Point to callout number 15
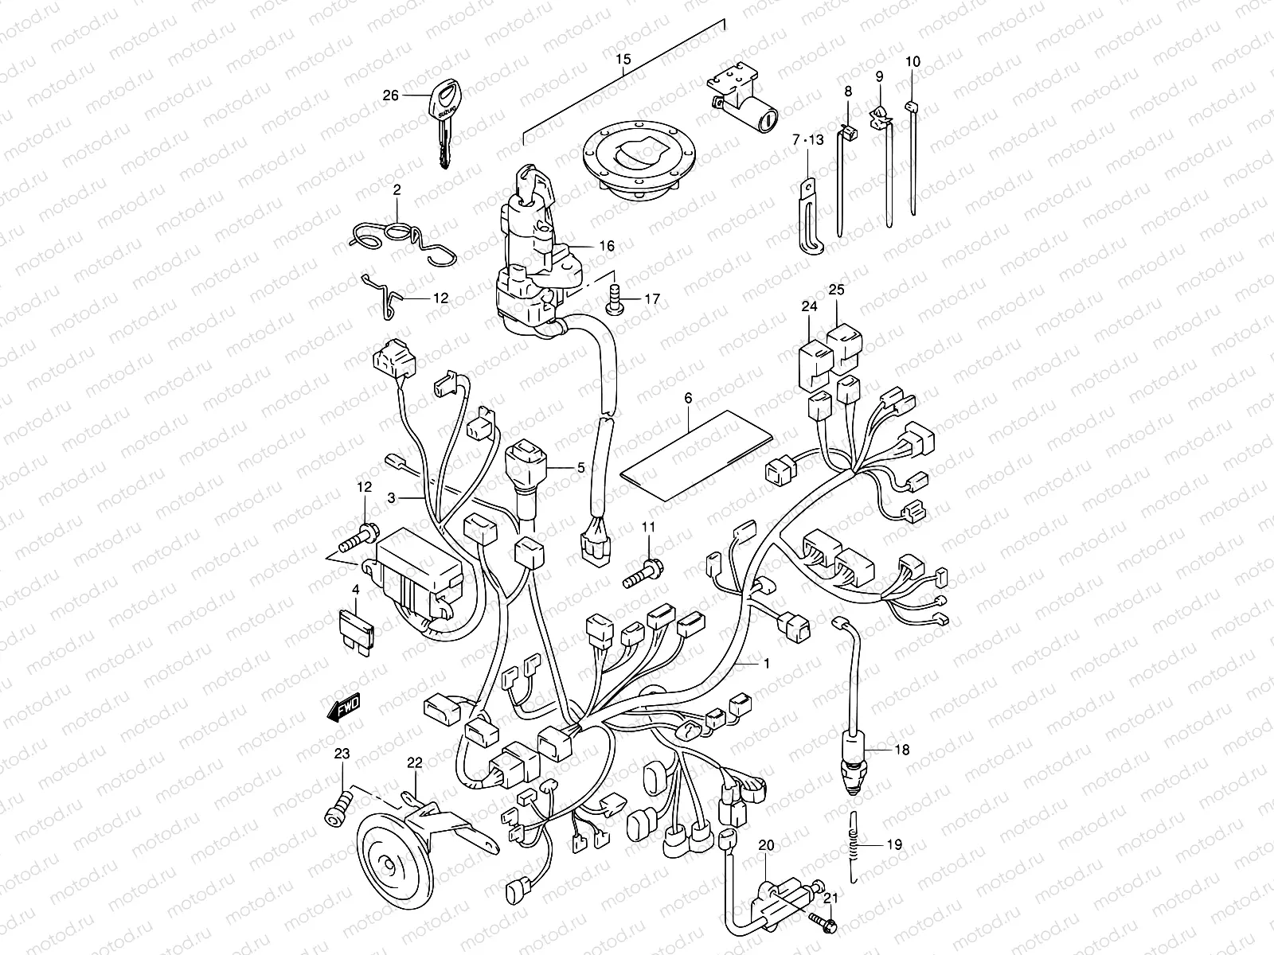(623, 60)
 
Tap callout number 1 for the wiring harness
(766, 663)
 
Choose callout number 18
(901, 750)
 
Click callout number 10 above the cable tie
(913, 61)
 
